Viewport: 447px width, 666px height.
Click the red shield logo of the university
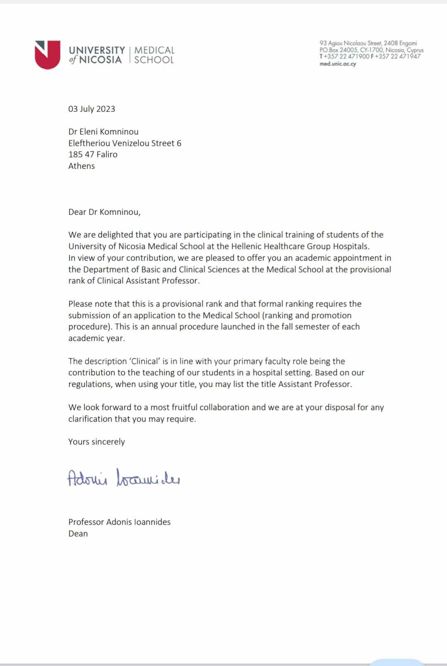pos(48,55)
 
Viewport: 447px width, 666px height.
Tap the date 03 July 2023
pos(91,109)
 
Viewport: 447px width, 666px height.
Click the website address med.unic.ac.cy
pos(338,64)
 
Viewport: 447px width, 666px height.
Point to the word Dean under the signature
pos(78,534)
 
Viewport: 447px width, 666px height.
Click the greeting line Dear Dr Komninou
pos(104,212)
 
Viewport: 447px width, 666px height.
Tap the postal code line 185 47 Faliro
pos(93,154)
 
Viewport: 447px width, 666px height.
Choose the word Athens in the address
pos(82,166)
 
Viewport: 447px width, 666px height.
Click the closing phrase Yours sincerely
pos(96,442)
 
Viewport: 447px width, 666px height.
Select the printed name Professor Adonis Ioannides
pos(119,522)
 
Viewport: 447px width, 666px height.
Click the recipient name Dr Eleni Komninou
pos(103,132)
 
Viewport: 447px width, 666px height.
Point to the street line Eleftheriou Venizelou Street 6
pos(125,143)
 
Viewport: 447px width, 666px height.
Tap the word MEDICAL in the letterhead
pos(154,50)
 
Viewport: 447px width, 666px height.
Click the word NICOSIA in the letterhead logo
pos(100,60)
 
